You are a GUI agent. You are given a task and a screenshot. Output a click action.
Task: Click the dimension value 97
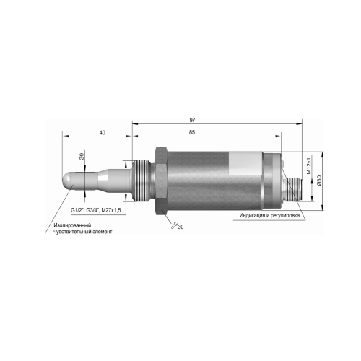192,120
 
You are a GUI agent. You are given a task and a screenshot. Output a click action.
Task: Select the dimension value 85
192,132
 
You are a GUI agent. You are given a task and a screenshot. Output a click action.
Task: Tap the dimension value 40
103,132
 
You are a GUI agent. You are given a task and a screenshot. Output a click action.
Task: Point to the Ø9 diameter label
82,157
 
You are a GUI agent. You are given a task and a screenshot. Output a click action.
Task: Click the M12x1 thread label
309,165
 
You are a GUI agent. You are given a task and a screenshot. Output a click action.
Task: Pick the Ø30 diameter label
319,180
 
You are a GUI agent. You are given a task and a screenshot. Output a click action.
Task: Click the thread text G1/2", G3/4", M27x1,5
95,210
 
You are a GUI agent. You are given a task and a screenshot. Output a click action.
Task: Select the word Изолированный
72,225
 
